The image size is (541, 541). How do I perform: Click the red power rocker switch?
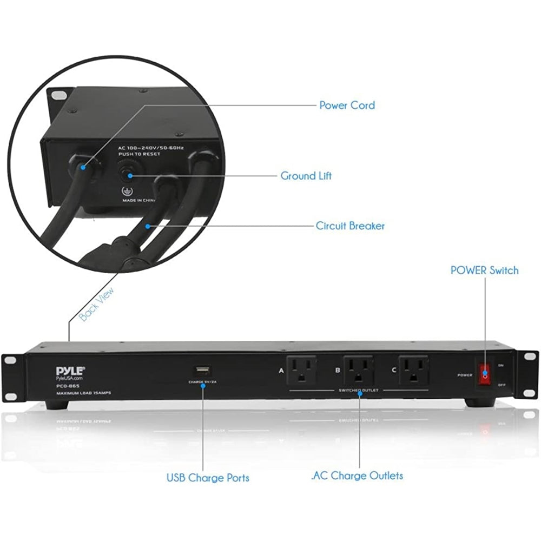pyautogui.click(x=485, y=374)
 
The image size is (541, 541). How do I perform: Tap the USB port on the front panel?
pyautogui.click(x=202, y=371)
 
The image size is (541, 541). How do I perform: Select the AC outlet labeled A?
pyautogui.click(x=301, y=370)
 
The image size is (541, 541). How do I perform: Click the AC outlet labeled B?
pyautogui.click(x=358, y=370)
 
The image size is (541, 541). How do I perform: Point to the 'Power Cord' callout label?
pyautogui.click(x=347, y=105)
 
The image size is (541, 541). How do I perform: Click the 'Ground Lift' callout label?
pyautogui.click(x=306, y=176)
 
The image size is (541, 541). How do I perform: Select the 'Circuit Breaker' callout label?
pyautogui.click(x=350, y=226)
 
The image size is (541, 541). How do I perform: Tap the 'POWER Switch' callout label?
pyautogui.click(x=484, y=270)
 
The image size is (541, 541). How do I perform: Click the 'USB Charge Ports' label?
pyautogui.click(x=208, y=478)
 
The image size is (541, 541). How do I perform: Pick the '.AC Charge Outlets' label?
pyautogui.click(x=357, y=476)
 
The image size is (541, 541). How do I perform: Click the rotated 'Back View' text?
pyautogui.click(x=97, y=304)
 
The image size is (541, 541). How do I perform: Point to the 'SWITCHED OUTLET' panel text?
pyautogui.click(x=358, y=390)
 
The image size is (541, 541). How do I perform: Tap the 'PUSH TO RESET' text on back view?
pyautogui.click(x=140, y=154)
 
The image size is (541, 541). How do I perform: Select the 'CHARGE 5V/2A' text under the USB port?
pyautogui.click(x=202, y=382)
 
